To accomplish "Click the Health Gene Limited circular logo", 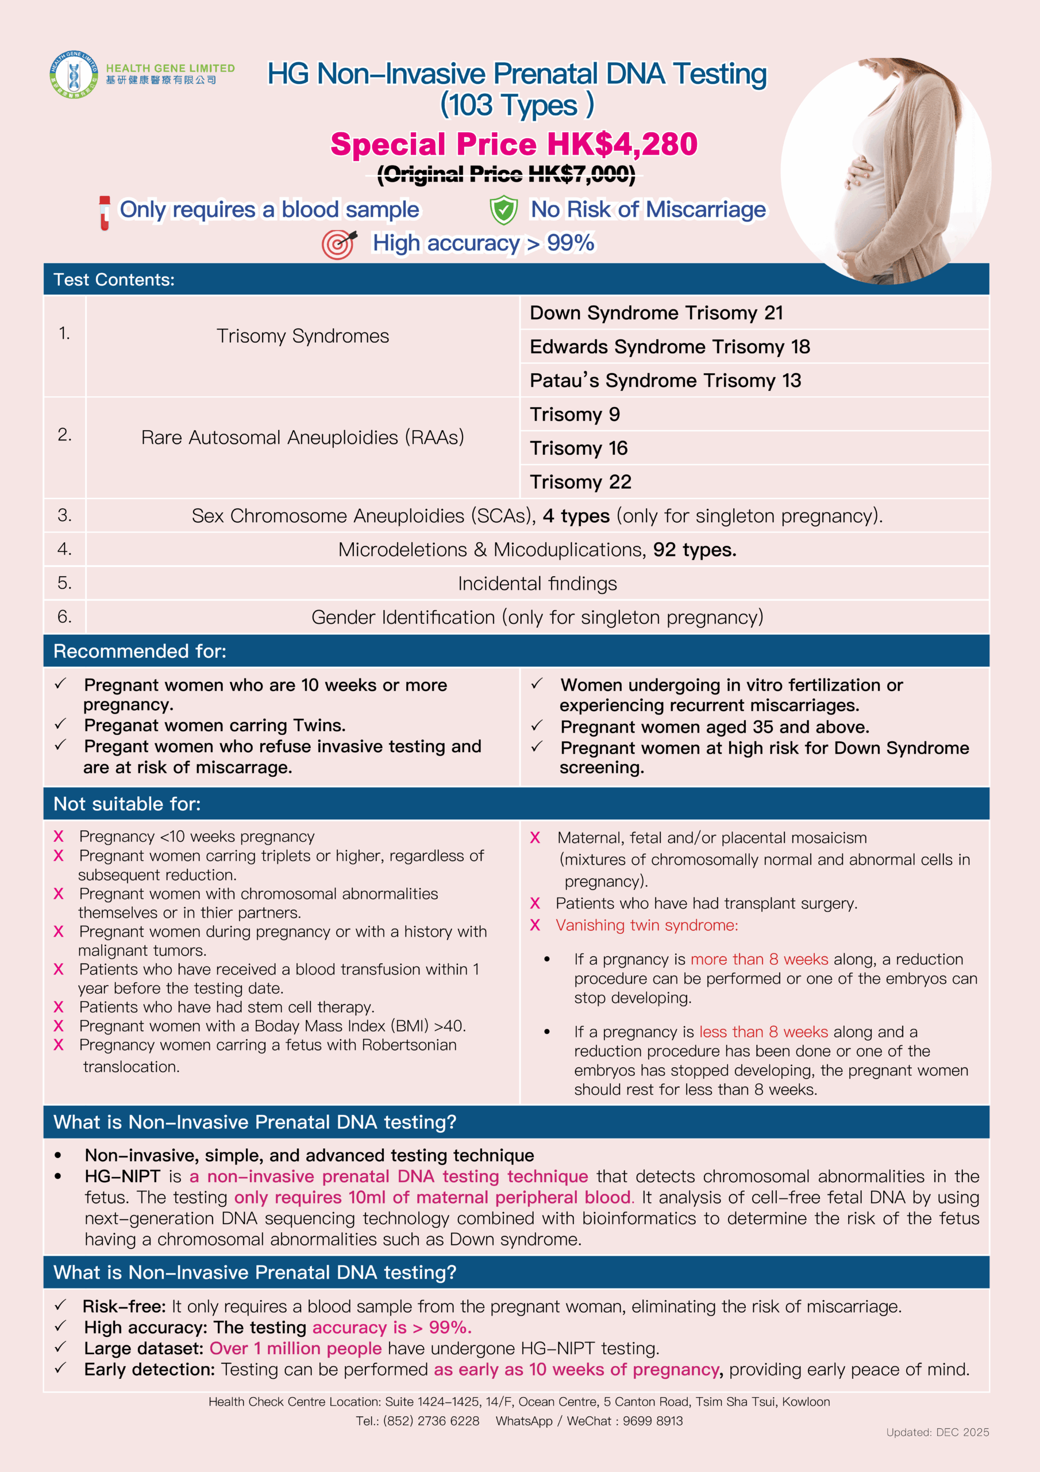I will coord(74,74).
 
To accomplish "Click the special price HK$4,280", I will coord(513,144).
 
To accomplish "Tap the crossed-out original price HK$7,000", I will coord(506,174).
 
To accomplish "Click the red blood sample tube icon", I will coord(105,212).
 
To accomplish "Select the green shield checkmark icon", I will coord(504,210).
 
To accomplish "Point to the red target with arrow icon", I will coord(338,244).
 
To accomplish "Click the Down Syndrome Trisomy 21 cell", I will coord(656,313).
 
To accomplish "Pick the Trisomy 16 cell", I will coord(579,448).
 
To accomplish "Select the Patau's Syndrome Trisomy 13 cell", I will coord(665,381).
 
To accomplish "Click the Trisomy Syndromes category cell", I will coord(302,336).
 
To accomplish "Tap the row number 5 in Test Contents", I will coord(64,583).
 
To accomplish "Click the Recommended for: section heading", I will coord(140,651).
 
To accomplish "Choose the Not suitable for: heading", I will coord(127,804).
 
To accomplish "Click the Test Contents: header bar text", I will coord(114,279).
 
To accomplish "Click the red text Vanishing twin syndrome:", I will coord(646,925).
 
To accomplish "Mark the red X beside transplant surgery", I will coord(535,903).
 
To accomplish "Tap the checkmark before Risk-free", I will coord(60,1305).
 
